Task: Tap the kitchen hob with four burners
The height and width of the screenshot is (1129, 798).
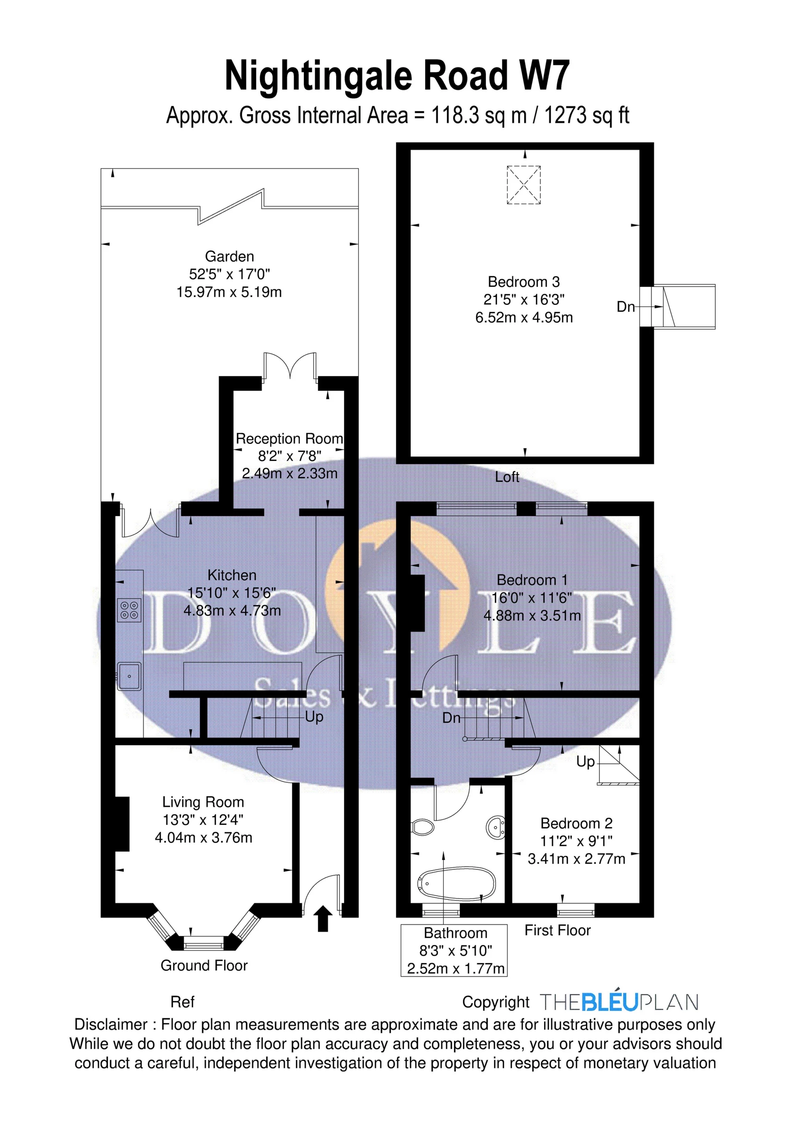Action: (129, 610)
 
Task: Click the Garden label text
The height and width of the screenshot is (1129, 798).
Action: (229, 256)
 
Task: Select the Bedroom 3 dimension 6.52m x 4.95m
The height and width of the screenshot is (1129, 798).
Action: (524, 317)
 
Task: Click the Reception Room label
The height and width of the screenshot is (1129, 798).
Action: (289, 438)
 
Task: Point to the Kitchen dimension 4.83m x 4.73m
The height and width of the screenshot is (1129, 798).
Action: (232, 610)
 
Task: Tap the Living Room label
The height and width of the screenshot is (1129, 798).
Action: (203, 802)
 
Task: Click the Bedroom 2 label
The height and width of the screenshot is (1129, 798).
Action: (577, 823)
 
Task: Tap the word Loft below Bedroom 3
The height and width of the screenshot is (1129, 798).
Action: (507, 477)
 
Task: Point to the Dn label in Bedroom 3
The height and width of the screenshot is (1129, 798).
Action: (626, 306)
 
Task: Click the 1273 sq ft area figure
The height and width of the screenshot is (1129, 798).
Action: (586, 115)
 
